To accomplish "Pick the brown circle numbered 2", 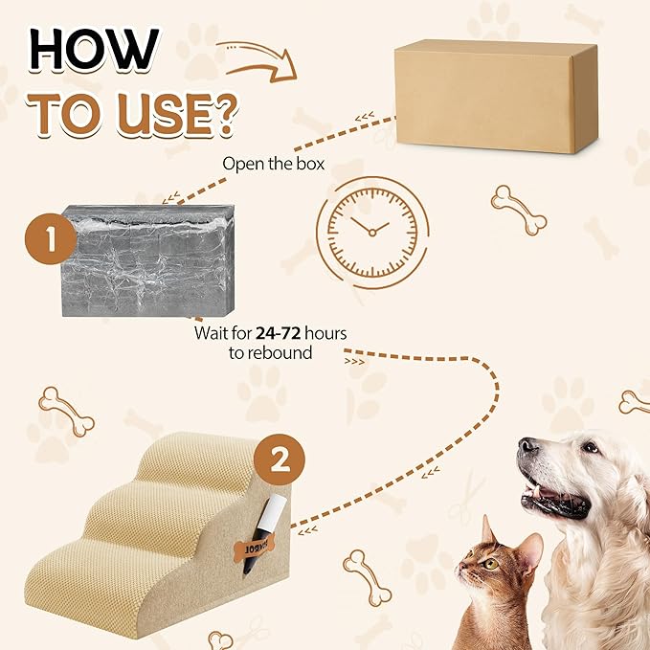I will [x=280, y=462].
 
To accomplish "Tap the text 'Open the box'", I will [x=274, y=163].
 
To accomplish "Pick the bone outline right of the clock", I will [x=518, y=209].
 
